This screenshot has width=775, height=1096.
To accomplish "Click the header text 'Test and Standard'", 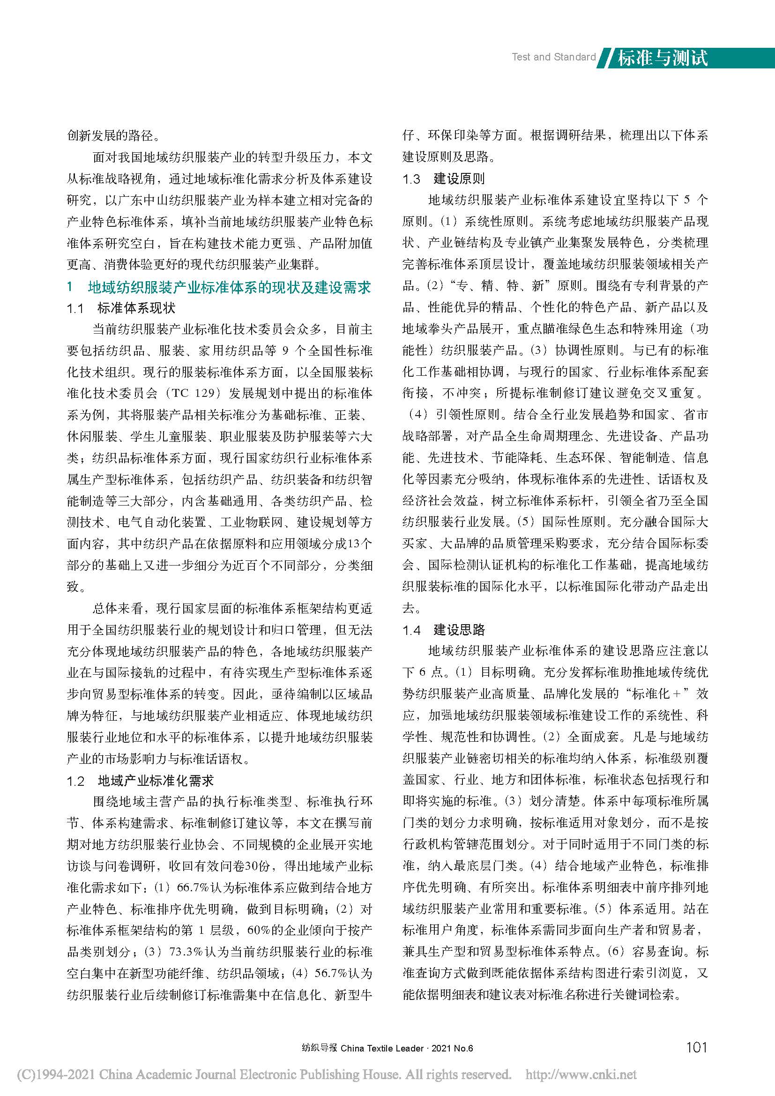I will (x=553, y=57).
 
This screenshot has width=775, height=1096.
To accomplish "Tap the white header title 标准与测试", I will (x=663, y=58).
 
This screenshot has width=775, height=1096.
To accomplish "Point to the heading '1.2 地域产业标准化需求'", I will (x=140, y=781).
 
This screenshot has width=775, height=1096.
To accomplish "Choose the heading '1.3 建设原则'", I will (x=443, y=179).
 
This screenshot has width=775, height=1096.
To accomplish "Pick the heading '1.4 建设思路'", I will (x=443, y=630).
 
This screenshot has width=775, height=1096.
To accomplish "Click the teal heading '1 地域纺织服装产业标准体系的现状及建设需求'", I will (x=219, y=287).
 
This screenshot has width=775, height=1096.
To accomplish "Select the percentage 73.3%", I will (x=190, y=952).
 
